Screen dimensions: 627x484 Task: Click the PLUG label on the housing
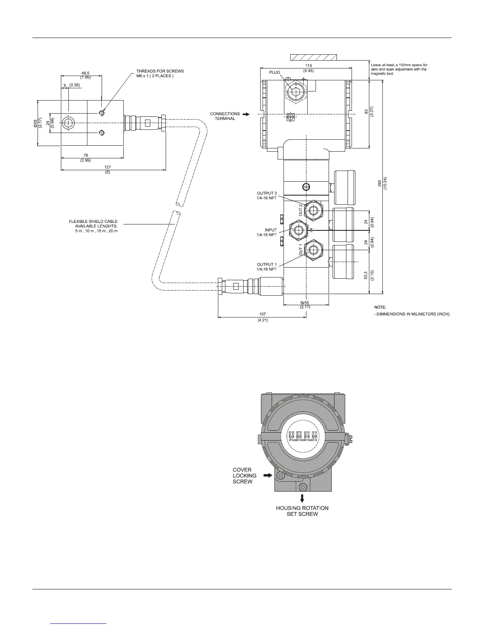[x=274, y=72]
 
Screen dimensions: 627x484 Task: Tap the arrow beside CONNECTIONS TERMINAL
[x=246, y=114]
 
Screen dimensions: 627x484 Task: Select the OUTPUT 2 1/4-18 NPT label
[x=267, y=196]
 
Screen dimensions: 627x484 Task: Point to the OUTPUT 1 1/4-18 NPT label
[x=267, y=267]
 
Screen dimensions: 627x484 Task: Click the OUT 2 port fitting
[x=313, y=211]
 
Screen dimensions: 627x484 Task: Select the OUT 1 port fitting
[x=313, y=250]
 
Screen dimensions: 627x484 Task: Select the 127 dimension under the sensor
[x=108, y=167]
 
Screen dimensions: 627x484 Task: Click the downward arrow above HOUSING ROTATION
[x=302, y=498]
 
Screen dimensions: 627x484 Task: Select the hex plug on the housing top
[x=295, y=92]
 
